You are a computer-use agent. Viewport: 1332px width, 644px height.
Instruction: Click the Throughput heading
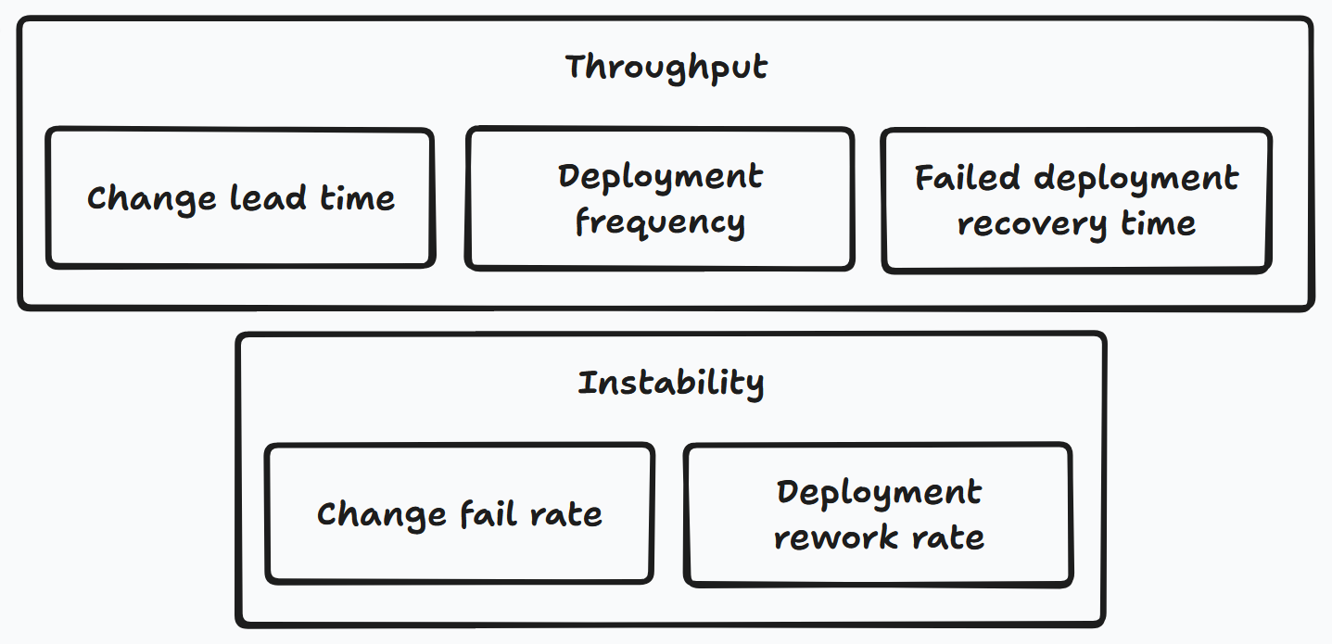coord(666,69)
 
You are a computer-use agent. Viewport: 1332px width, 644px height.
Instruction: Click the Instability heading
coord(670,383)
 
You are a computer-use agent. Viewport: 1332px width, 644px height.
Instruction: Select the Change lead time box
coord(240,198)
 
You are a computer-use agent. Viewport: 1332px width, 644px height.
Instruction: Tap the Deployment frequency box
coord(660,199)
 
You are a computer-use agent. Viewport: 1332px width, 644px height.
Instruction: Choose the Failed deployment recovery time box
coord(1076,200)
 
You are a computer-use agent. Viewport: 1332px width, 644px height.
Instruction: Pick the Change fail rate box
coord(460,514)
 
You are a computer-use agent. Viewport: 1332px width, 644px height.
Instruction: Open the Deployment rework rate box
coord(879,514)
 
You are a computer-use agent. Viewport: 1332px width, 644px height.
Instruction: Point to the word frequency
coord(660,223)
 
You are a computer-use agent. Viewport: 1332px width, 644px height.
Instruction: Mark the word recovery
coord(1032,223)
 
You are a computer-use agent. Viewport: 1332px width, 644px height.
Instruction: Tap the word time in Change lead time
coord(357,198)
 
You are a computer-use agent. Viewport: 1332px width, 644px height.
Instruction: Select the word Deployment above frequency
coord(660,176)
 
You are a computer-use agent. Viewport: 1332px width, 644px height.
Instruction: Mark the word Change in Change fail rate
coord(382,514)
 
